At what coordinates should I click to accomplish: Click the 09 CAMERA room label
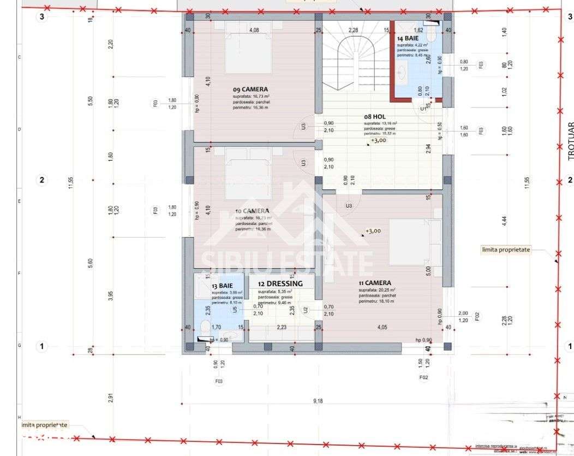(x=250, y=89)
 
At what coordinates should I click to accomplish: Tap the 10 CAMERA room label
(x=252, y=211)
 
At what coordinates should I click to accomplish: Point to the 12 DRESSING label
(x=280, y=283)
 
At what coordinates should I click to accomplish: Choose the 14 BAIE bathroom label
(x=408, y=39)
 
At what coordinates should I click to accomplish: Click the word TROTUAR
(x=570, y=140)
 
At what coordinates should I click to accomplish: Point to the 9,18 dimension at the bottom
(x=318, y=401)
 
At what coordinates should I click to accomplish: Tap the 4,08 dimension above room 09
(x=254, y=30)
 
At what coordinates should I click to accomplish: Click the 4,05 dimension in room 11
(x=382, y=327)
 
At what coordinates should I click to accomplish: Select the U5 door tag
(x=235, y=310)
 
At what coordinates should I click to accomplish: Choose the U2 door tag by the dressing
(x=306, y=310)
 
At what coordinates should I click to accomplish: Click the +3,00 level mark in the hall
(x=379, y=140)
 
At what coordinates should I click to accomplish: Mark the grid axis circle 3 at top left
(x=41, y=16)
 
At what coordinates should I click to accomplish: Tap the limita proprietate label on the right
(x=506, y=250)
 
